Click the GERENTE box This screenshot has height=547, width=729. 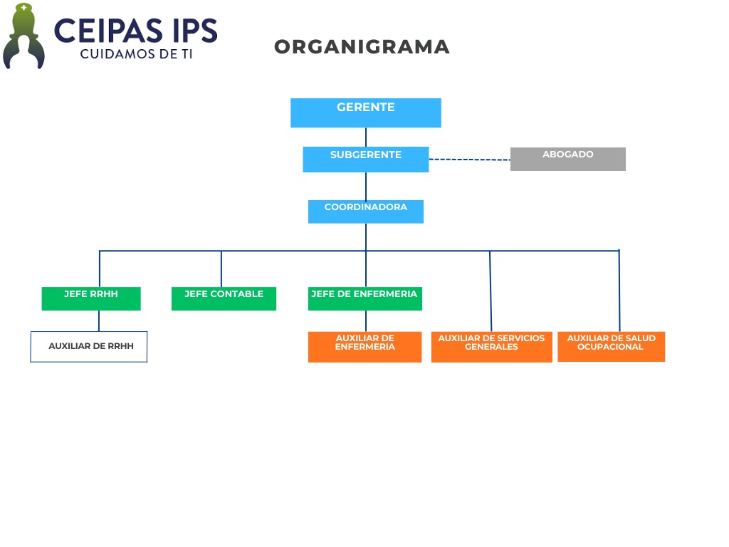(x=365, y=113)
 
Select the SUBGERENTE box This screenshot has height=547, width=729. (x=365, y=159)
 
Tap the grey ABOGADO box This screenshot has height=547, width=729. (x=567, y=159)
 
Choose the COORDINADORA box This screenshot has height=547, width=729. (x=365, y=212)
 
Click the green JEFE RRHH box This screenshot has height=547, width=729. (x=91, y=298)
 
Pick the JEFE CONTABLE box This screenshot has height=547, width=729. (x=224, y=298)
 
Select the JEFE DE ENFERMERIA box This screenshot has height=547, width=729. (x=364, y=298)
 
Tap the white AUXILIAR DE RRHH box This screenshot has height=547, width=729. (x=89, y=347)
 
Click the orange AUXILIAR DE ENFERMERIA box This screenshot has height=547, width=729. (x=364, y=347)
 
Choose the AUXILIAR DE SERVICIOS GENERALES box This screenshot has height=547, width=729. (x=491, y=347)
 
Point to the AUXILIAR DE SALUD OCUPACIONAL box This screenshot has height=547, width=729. (x=611, y=346)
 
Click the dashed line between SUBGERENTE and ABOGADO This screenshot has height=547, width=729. (x=469, y=160)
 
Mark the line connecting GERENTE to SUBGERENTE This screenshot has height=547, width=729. (x=366, y=137)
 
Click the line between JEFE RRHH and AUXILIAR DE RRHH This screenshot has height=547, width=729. (x=99, y=321)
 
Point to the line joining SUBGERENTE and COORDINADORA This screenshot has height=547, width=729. (x=366, y=186)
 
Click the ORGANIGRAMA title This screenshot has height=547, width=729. (x=362, y=47)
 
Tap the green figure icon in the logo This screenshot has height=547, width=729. (x=24, y=37)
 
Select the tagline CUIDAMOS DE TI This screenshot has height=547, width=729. (x=135, y=54)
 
